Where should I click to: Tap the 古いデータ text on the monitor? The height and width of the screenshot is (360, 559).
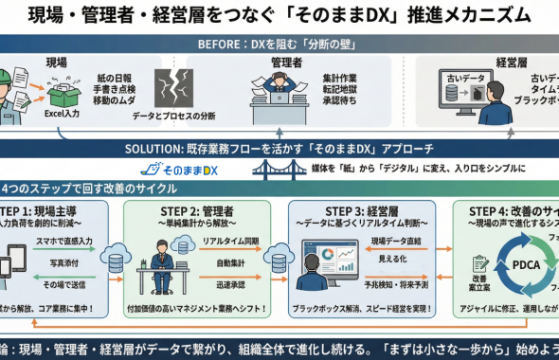tap(458, 76)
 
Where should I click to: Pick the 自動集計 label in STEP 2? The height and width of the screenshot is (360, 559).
tap(231, 265)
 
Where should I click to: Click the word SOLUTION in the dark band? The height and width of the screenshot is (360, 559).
tap(152, 148)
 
